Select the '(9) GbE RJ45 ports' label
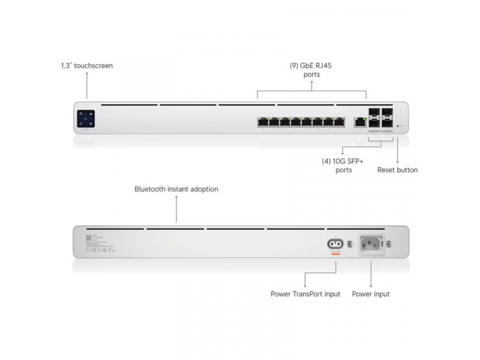312,70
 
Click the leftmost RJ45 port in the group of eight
263,121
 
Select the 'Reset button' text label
397,170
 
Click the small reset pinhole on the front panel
398,126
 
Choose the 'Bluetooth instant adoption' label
176,189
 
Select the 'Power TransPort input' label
305,294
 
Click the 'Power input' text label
370,294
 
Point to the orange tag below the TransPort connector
335,254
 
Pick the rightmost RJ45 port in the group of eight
340,121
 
